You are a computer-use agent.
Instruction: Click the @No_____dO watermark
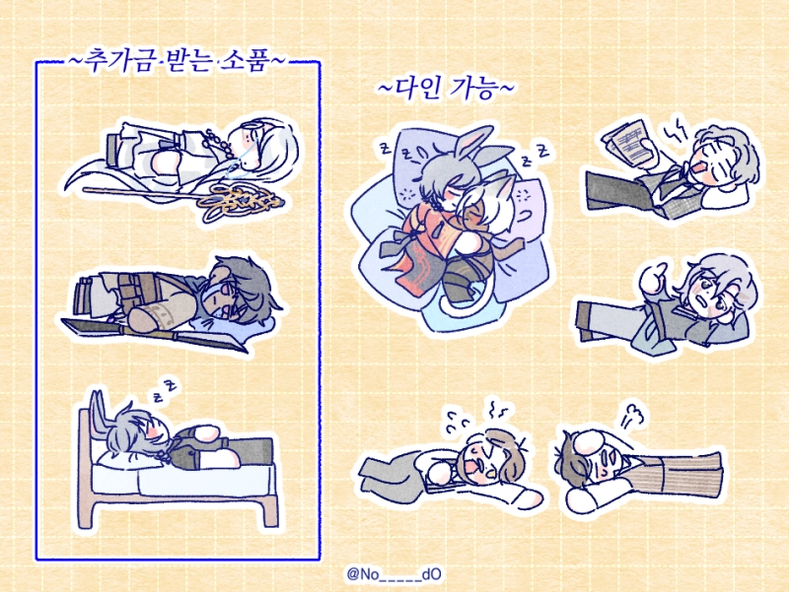tap(394, 574)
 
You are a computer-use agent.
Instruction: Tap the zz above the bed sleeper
tap(166, 391)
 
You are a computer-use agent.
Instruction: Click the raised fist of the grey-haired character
tap(655, 279)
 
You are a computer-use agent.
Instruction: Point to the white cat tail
tap(454, 304)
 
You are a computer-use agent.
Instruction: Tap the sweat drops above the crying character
tap(457, 423)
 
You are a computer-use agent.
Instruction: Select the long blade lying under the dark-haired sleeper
tap(154, 333)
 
